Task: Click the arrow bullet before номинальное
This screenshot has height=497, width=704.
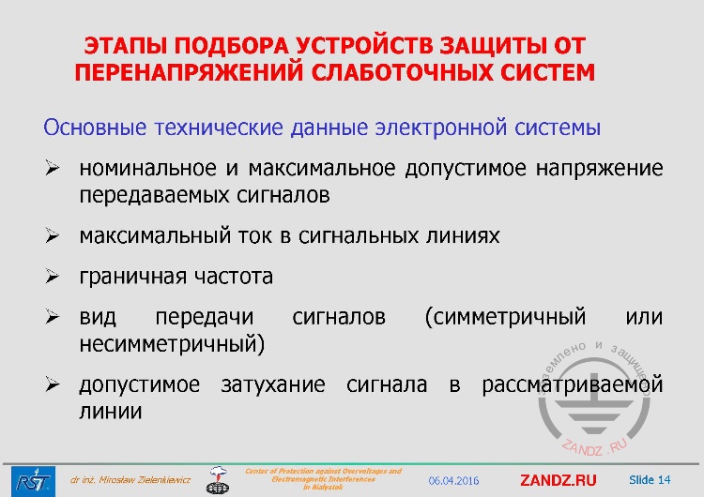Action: pos(54,170)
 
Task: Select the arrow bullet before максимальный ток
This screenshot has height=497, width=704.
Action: pos(54,236)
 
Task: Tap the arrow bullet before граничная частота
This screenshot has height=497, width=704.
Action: pos(54,278)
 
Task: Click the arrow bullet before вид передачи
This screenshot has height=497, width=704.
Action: pos(54,318)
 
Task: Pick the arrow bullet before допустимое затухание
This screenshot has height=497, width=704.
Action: pos(54,385)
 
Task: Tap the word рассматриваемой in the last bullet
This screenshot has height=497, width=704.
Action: pos(572,385)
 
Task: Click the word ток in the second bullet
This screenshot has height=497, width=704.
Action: pos(256,236)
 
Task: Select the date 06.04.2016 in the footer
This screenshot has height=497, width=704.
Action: pos(453,481)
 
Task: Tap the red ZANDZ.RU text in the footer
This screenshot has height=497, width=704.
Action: pos(558,480)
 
